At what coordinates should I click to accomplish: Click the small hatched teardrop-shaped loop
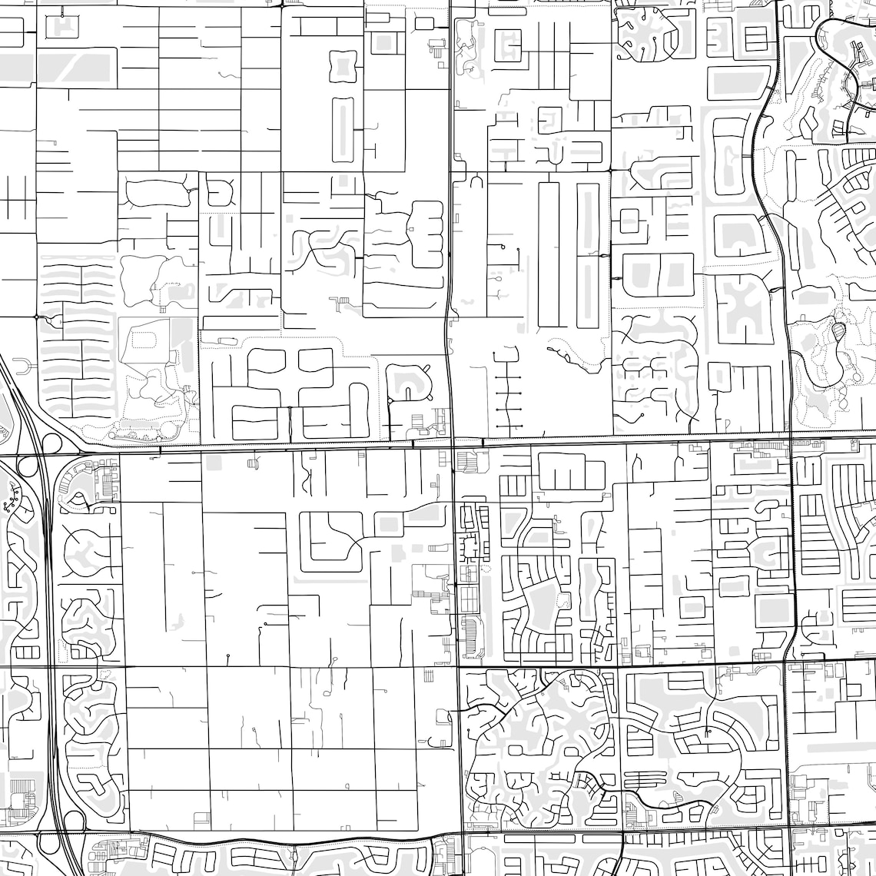(x=838, y=332)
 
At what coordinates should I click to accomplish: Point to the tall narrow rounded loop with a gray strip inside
(x=343, y=129)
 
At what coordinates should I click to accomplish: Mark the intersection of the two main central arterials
(x=453, y=445)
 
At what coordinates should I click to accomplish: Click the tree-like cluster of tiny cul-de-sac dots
(x=11, y=504)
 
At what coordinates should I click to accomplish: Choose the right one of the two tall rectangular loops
(x=588, y=254)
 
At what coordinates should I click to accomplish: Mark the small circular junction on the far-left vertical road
(x=36, y=316)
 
